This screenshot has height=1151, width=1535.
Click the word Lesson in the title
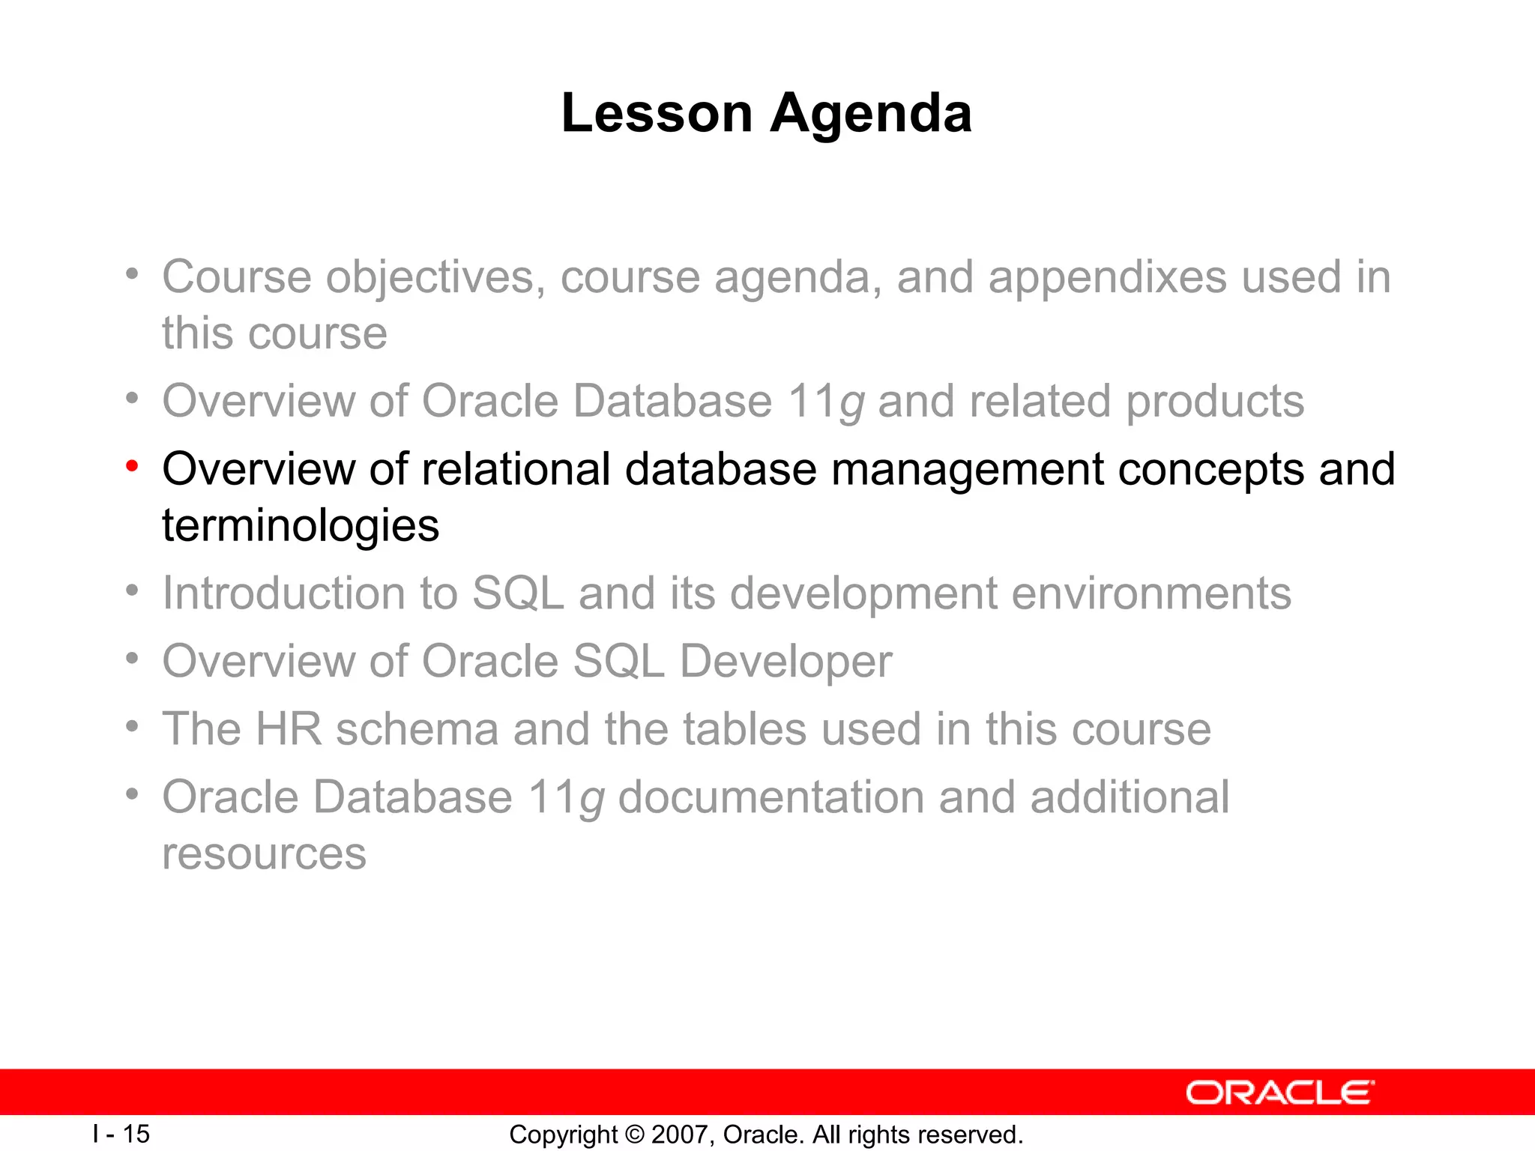click(x=657, y=113)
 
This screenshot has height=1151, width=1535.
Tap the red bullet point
click(x=133, y=467)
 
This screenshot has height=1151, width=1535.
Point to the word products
click(x=1215, y=401)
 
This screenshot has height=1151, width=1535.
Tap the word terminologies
click(x=301, y=525)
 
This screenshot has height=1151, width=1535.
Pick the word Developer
click(x=785, y=662)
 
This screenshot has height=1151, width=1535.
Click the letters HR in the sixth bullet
click(x=289, y=728)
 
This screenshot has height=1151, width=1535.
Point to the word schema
click(x=417, y=728)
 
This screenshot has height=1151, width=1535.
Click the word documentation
click(x=770, y=797)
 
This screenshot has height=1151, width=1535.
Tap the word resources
click(x=264, y=854)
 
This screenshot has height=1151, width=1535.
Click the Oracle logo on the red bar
click(x=1279, y=1093)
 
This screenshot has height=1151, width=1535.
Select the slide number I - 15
click(x=121, y=1134)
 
